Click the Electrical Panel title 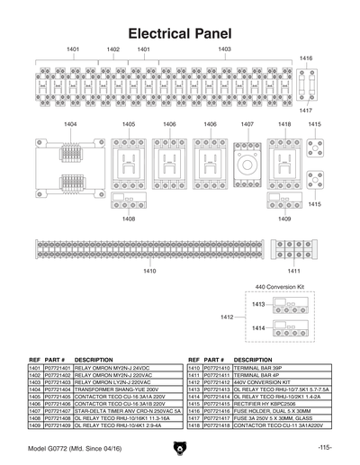180,34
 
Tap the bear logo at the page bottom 180,447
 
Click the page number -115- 325,447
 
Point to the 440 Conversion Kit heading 281,286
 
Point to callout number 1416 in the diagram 306,58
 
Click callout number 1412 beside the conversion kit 227,317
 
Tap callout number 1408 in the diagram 129,219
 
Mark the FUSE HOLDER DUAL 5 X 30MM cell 274,410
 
